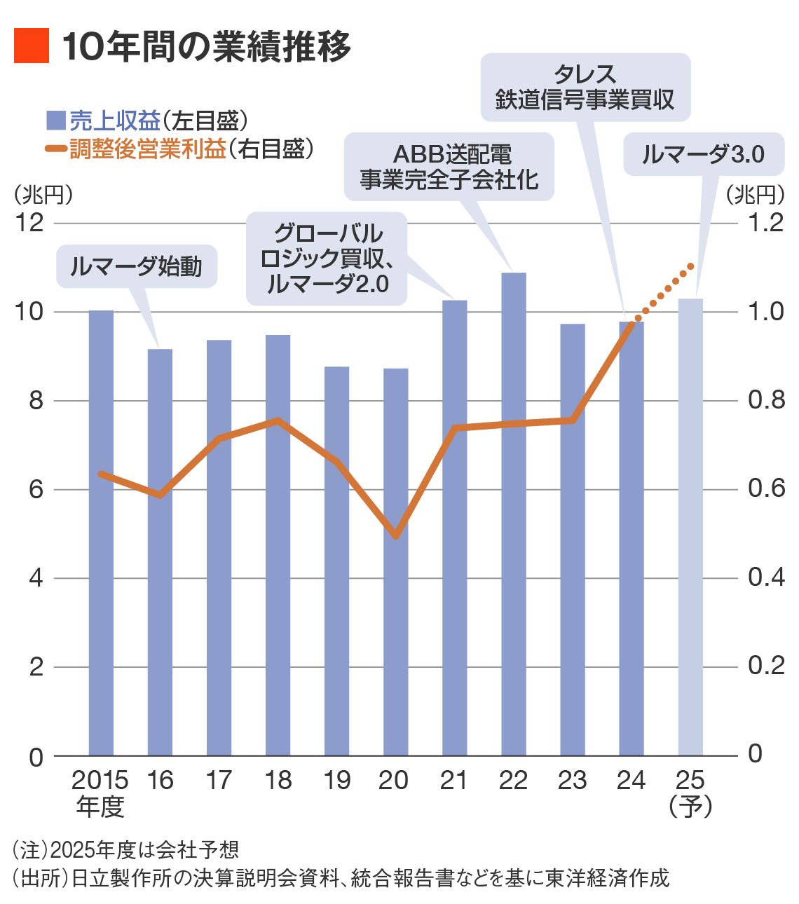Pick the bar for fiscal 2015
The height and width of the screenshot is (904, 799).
coord(101,533)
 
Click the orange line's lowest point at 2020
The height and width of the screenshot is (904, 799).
coord(396,535)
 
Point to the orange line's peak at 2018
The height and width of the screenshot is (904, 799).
coord(278,421)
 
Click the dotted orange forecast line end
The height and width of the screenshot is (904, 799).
coord(690,266)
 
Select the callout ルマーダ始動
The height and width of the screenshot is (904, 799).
coord(137,266)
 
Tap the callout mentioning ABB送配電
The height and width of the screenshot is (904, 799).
coord(449,167)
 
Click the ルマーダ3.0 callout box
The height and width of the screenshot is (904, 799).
coord(703,153)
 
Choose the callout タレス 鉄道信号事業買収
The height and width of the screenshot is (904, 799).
coord(585,87)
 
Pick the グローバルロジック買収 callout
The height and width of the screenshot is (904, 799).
coord(327,258)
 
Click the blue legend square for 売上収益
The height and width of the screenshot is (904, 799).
coord(55,121)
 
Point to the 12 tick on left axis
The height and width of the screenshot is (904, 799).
coord(31,223)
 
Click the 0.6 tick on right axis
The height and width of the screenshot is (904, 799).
coord(765,488)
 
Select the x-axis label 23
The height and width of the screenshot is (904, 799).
coord(572,780)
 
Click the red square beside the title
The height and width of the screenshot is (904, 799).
coord(32,46)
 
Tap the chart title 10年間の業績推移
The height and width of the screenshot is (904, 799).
coord(206,47)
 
